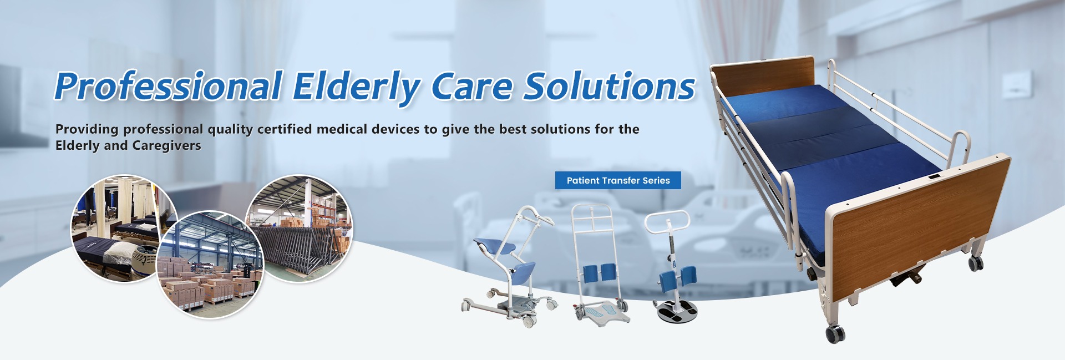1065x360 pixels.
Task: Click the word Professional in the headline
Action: [x=169, y=86]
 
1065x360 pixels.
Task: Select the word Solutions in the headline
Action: [x=610, y=86]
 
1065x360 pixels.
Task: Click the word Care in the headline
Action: [x=471, y=87]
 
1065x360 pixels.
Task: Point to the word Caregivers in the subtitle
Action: [x=166, y=146]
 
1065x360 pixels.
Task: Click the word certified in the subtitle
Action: [x=285, y=129]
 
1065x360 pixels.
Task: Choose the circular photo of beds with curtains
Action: [x=124, y=228]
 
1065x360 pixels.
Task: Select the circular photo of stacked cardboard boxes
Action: [x=210, y=265]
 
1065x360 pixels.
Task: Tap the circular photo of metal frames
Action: [x=299, y=229]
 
